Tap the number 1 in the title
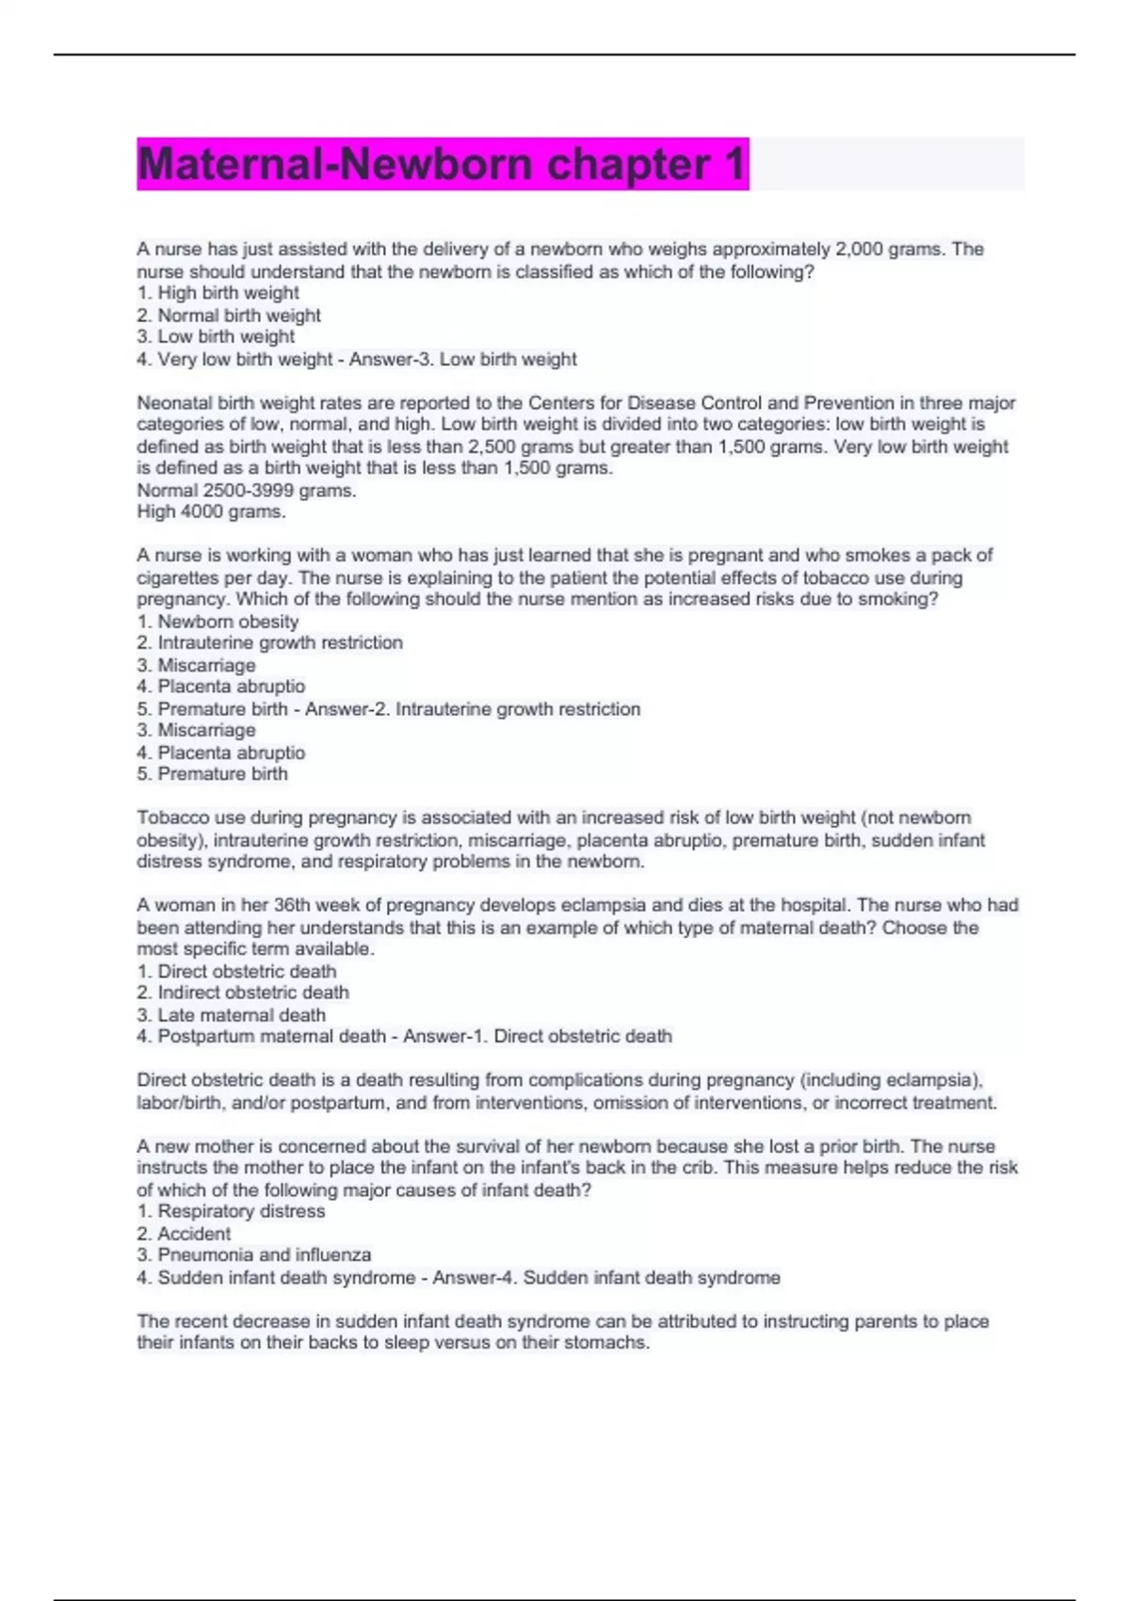(734, 164)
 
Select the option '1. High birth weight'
(218, 293)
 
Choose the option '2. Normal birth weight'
(229, 315)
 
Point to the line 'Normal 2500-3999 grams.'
(247, 491)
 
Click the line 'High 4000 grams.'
(211, 512)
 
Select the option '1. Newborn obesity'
(218, 622)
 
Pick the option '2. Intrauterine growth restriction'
(269, 643)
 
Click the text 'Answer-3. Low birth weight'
(462, 360)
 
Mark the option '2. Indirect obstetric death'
(242, 993)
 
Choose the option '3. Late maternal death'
(231, 1015)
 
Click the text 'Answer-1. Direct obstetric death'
(538, 1037)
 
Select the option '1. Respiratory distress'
(231, 1211)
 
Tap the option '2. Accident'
(184, 1234)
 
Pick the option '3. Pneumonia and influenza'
(253, 1255)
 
